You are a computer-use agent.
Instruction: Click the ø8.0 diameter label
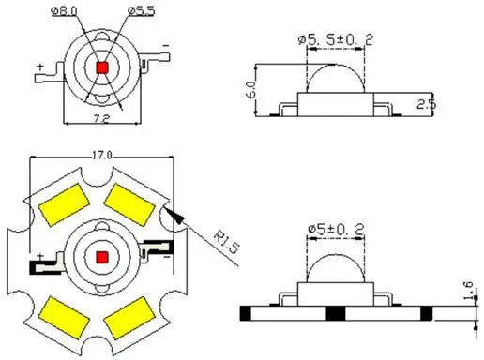tap(64, 11)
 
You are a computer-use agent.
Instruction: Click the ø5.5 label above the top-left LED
tap(142, 11)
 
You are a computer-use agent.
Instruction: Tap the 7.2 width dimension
tap(101, 119)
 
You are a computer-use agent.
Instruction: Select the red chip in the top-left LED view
tap(102, 67)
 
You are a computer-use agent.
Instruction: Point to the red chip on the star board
tap(102, 258)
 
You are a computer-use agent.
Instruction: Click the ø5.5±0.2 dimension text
tap(336, 39)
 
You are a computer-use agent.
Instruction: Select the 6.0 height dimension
tap(251, 90)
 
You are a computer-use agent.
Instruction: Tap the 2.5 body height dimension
tap(427, 104)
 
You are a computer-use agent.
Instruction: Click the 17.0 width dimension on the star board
tap(101, 155)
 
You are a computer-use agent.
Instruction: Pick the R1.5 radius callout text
tap(227, 242)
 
